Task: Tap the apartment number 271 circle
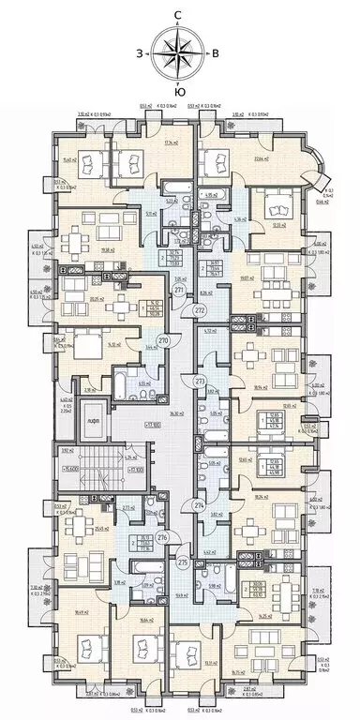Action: click(x=179, y=292)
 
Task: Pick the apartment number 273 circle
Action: click(x=199, y=381)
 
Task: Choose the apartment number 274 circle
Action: click(x=199, y=505)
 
